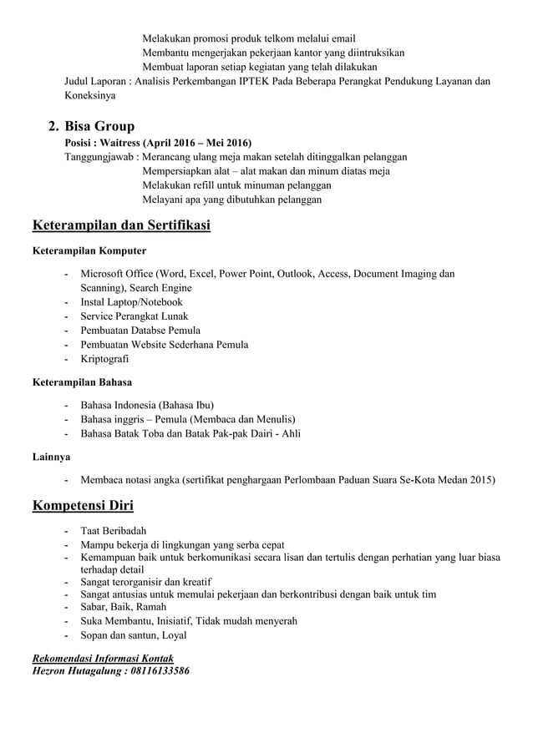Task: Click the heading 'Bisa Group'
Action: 99,127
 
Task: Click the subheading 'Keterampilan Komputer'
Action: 89,250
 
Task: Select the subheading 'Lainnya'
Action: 51,457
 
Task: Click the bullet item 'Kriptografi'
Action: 104,359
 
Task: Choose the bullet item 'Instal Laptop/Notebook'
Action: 131,301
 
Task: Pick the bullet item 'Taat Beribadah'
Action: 114,531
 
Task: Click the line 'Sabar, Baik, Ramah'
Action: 123,606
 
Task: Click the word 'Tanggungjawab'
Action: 100,157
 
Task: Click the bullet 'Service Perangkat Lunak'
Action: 134,316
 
